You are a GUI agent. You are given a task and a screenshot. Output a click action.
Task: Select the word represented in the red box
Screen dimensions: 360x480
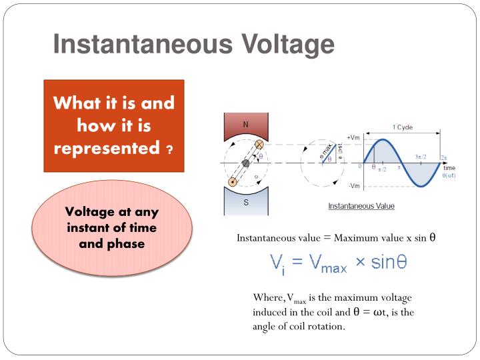tap(106, 147)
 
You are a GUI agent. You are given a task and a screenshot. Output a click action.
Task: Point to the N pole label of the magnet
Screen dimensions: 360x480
tap(245, 124)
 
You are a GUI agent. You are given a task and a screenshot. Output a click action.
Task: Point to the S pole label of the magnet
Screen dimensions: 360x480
tap(245, 203)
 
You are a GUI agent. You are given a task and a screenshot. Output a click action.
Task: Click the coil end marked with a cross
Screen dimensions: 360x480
tap(260, 145)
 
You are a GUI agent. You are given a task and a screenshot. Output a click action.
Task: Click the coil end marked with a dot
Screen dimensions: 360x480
tap(232, 181)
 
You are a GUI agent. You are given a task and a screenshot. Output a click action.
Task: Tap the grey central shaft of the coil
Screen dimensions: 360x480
tap(245, 163)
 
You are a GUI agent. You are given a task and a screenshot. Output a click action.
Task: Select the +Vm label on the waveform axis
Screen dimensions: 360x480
tap(353, 137)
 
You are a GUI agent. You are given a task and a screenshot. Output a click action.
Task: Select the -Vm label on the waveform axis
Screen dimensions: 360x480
tap(354, 186)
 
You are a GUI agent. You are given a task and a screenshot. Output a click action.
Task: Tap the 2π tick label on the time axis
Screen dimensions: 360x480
tap(444, 158)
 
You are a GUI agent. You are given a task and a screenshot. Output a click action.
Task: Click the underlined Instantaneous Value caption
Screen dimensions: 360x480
tap(361, 206)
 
